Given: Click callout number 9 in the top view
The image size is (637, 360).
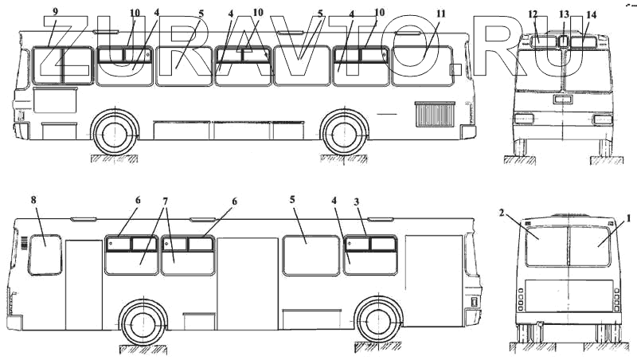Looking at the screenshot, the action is (55, 11).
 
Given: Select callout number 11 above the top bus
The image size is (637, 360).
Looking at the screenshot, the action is (441, 14).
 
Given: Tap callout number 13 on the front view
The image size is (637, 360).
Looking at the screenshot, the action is (564, 14).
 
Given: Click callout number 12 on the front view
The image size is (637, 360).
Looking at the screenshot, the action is (533, 14).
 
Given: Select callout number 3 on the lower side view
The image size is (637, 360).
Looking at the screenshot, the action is (356, 202).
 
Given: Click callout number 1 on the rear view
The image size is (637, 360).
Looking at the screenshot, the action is (628, 219).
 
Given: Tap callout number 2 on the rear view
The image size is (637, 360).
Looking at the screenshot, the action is (502, 213).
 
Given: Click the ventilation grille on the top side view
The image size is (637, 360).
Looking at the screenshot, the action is (435, 115).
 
